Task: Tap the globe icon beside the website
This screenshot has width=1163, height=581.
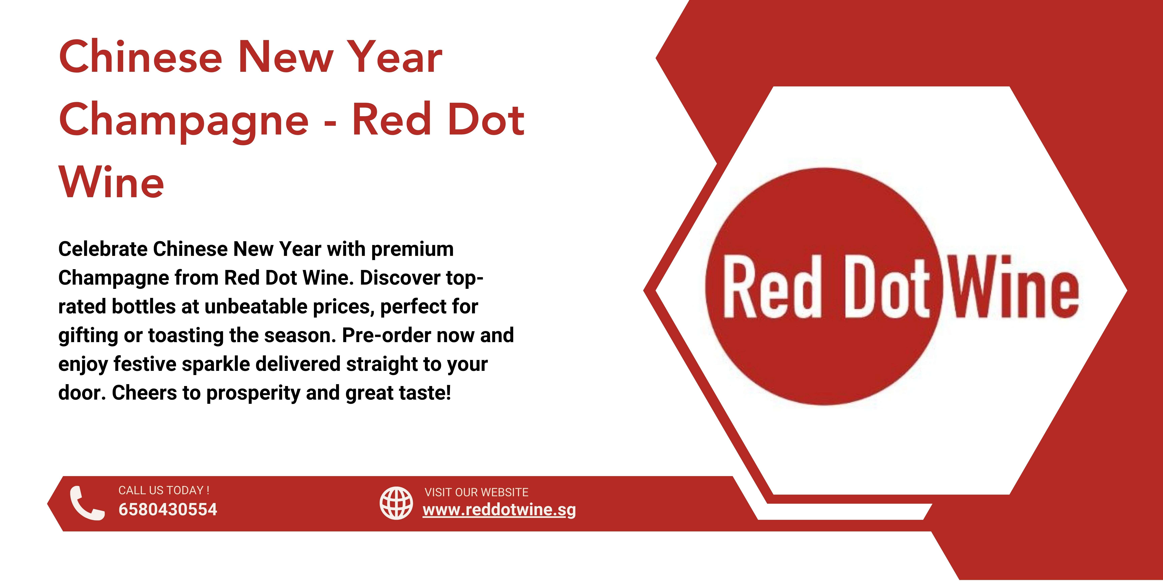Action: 396,503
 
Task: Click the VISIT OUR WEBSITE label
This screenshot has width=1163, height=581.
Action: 476,492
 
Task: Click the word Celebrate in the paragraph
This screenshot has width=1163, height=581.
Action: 102,249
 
